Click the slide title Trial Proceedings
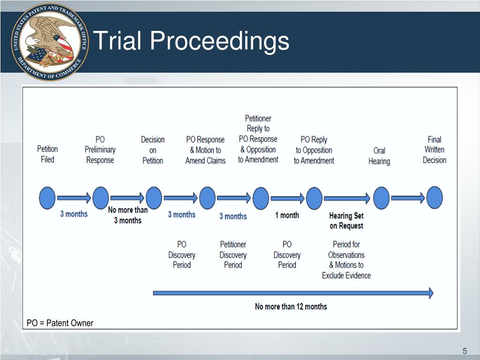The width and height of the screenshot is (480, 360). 191,41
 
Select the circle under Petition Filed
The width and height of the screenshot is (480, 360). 47,198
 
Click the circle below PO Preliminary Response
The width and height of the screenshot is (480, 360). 100,198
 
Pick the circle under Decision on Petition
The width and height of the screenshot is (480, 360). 154,198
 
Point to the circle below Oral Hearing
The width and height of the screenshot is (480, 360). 381,198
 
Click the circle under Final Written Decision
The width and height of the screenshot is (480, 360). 435,198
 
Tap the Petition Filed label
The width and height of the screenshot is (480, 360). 47,154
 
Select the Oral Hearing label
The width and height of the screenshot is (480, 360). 379,156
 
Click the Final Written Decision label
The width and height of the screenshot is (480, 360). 435,150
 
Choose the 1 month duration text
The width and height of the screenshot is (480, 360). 287,215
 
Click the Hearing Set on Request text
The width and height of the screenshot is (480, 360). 346,221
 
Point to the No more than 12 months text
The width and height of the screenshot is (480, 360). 291,307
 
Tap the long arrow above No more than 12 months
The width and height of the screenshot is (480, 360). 293,293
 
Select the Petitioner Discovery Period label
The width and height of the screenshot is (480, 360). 233,255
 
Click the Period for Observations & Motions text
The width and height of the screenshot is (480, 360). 346,260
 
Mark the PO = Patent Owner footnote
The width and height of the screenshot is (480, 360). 60,323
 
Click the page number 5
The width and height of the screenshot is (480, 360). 465,352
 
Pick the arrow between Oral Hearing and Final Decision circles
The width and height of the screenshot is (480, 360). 407,198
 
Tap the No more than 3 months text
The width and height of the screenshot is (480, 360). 127,215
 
